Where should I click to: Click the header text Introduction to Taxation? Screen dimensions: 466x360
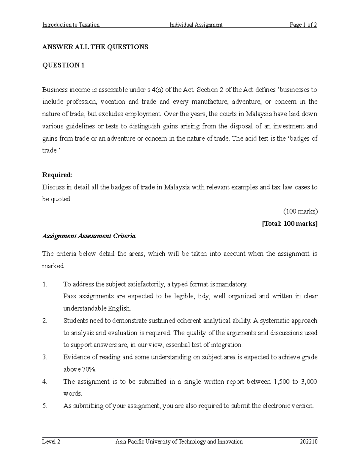point(71,25)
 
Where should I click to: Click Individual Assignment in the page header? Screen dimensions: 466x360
point(196,25)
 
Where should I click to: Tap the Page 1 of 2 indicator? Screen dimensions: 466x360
point(303,25)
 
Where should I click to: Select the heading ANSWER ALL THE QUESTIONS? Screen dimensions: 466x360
point(95,47)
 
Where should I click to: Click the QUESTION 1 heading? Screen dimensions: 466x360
point(63,65)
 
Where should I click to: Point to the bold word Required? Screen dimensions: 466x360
point(57,175)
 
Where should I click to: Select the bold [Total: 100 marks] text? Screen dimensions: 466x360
point(289,224)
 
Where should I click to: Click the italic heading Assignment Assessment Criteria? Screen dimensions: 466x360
point(89,236)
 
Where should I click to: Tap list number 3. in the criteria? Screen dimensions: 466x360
point(45,357)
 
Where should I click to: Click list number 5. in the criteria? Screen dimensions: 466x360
point(45,406)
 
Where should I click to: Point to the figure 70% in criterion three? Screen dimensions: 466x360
point(88,369)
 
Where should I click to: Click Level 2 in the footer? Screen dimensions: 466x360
point(51,442)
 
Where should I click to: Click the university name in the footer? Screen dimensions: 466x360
point(179,442)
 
